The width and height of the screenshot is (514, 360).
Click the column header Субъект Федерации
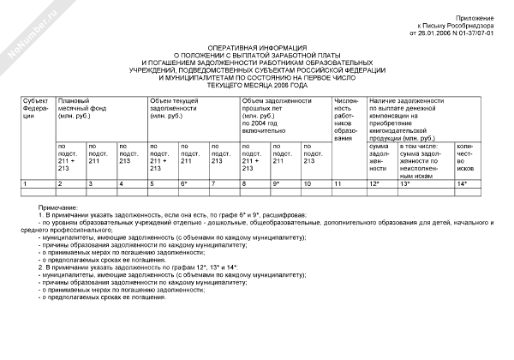[x=36, y=110]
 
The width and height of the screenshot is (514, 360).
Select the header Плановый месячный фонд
[x=81, y=108]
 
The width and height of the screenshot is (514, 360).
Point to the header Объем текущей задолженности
[x=178, y=108]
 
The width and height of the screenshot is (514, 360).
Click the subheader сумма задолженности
[x=380, y=160]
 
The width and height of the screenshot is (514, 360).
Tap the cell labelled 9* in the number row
[x=277, y=184]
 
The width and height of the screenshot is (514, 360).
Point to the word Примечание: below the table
[x=57, y=208]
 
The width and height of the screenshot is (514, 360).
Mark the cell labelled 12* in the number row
[x=374, y=184]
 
